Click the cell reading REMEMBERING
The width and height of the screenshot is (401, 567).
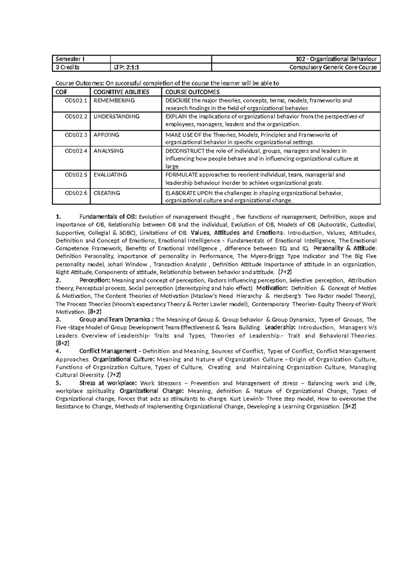point(114,100)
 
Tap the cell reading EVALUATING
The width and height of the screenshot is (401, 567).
point(110,175)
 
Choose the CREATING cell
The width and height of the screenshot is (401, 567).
point(107,193)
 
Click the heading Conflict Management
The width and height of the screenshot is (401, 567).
point(108,351)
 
